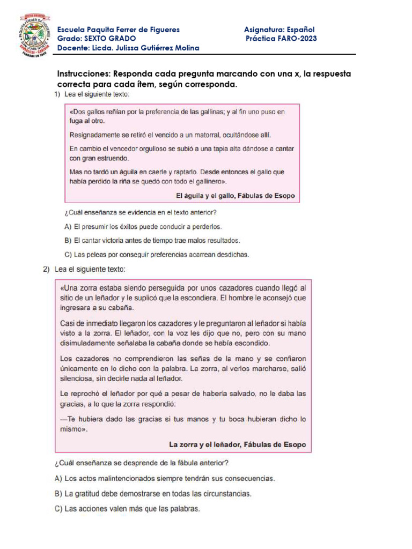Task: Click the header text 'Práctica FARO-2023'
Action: pyautogui.click(x=281, y=39)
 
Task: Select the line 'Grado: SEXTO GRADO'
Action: pyautogui.click(x=97, y=39)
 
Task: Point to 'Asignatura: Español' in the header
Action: pyautogui.click(x=279, y=29)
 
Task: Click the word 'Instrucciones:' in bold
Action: pyautogui.click(x=84, y=73)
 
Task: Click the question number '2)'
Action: pyautogui.click(x=47, y=269)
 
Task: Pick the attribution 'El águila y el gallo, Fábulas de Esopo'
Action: pyautogui.click(x=235, y=196)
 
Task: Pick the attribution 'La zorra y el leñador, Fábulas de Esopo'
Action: pyautogui.click(x=237, y=444)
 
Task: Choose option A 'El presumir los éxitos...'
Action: pyautogui.click(x=143, y=227)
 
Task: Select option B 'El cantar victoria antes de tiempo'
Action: pyautogui.click(x=152, y=240)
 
